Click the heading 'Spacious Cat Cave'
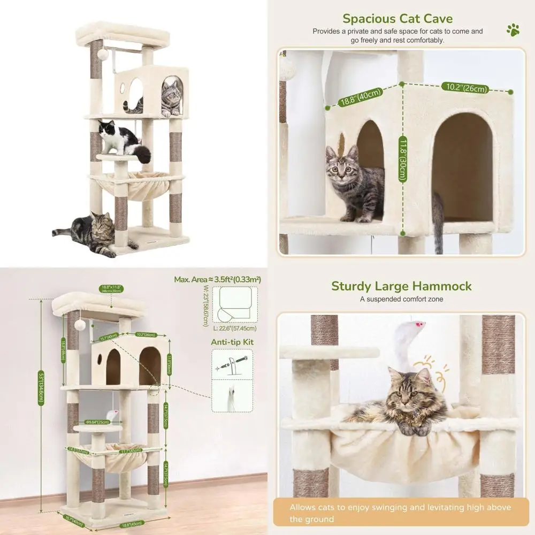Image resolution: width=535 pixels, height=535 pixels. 398,18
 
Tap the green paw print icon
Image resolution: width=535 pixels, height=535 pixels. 513,29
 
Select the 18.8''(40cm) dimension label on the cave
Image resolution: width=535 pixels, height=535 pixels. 361,97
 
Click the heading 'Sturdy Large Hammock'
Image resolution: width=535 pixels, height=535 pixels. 401,286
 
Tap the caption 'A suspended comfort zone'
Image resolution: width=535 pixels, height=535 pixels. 401,299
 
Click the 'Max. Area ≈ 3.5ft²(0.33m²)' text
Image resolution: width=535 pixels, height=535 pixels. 217,279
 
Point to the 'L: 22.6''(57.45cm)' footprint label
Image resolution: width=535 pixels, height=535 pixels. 234,328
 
